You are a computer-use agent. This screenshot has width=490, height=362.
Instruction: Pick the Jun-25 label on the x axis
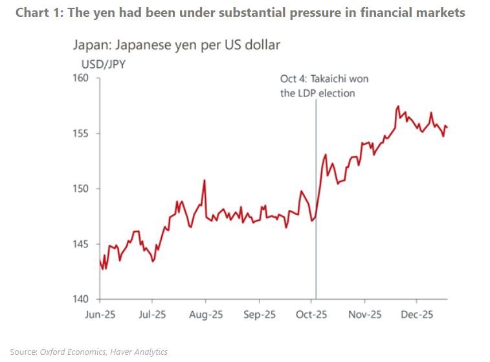99,315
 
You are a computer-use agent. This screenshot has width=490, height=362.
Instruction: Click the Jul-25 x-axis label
152,315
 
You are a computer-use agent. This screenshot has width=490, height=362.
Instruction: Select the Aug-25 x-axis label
205,315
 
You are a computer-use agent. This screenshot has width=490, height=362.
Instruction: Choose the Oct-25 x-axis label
312,315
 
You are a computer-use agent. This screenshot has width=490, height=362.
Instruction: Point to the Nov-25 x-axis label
365,315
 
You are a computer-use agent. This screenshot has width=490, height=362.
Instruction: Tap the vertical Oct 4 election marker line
316,194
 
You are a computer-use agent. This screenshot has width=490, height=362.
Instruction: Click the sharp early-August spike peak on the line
205,181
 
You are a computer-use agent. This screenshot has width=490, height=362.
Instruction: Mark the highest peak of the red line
397,106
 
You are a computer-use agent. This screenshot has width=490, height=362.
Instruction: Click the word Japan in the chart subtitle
88,45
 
